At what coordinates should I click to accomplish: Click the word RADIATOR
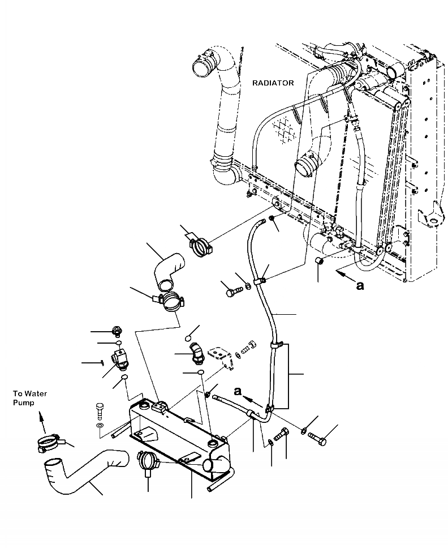[x=273, y=83]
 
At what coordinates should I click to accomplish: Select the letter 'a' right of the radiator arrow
[x=360, y=285]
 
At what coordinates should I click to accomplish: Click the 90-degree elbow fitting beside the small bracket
[x=196, y=352]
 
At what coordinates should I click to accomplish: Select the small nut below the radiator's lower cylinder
[x=318, y=260]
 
